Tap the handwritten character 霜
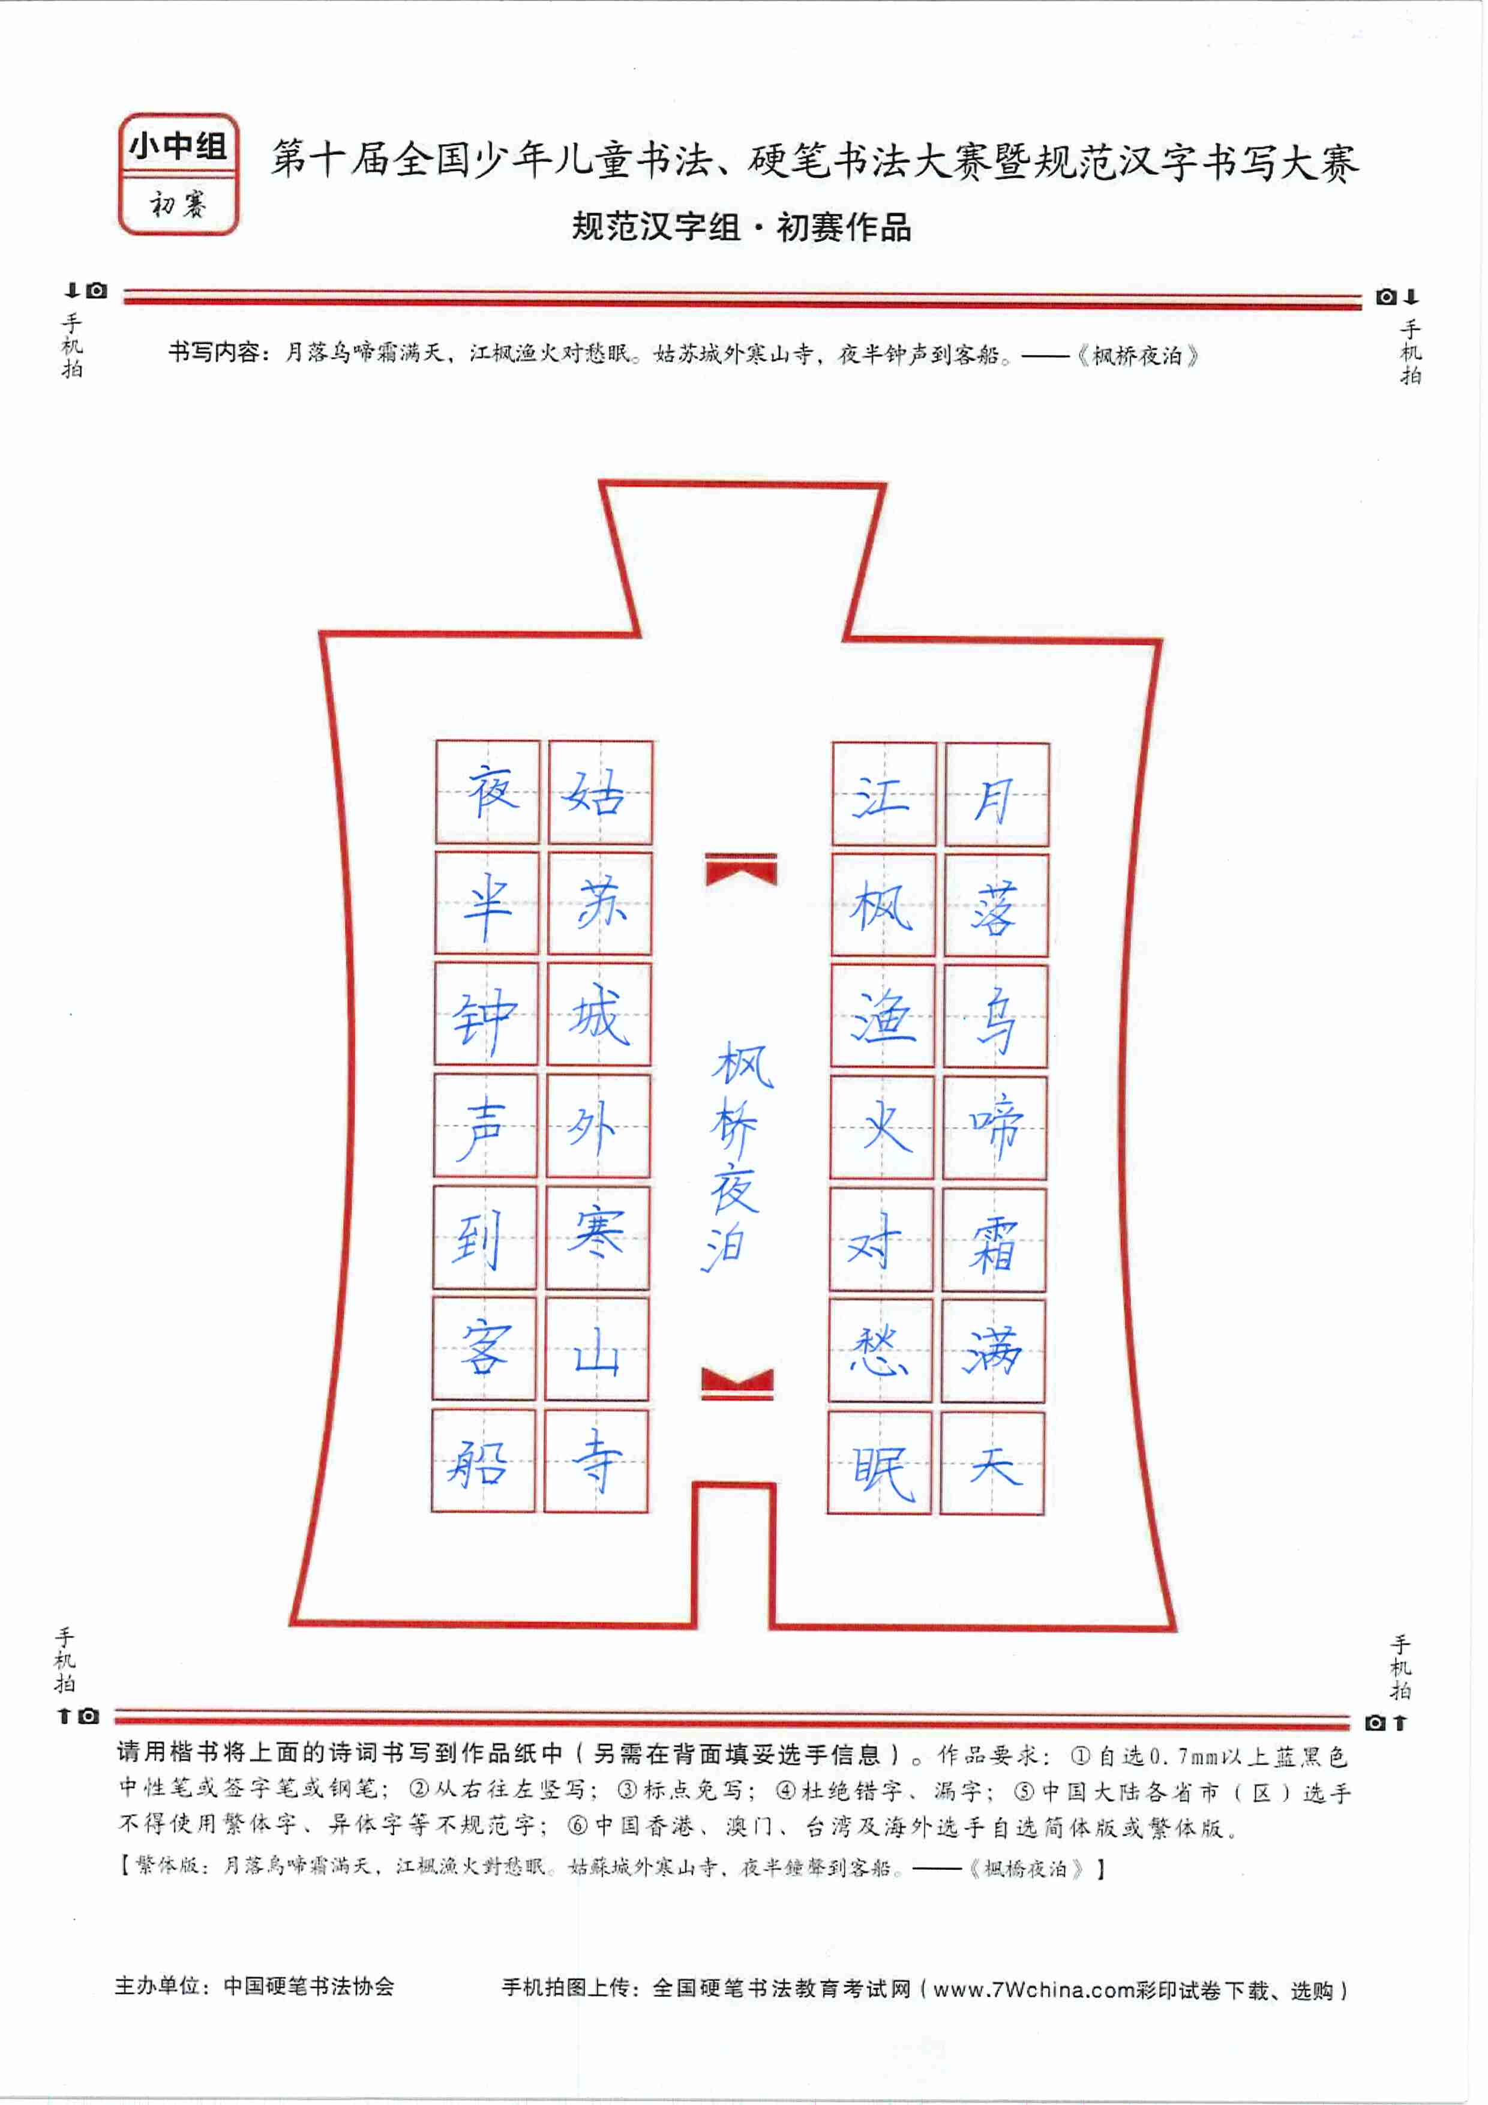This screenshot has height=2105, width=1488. pyautogui.click(x=994, y=1242)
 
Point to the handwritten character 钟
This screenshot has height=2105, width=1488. pyautogui.click(x=484, y=1021)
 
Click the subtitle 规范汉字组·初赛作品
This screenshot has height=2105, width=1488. pyautogui.click(x=742, y=226)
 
